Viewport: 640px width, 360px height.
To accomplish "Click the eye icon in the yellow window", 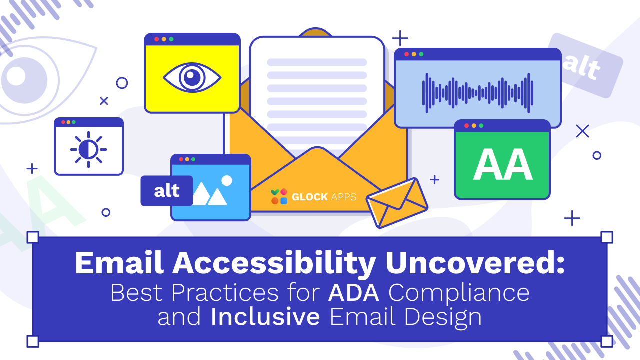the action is [192, 77].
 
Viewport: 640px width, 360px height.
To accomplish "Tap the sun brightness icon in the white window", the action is [89, 149].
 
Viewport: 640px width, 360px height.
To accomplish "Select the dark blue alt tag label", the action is [167, 191].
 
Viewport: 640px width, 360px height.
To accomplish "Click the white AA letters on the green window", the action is [503, 164].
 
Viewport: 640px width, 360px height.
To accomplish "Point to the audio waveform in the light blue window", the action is [477, 93].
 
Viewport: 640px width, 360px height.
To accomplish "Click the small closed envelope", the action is [397, 203].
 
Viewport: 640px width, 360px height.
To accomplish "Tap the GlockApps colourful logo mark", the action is [279, 196].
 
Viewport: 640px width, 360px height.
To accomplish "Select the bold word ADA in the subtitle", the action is [354, 292].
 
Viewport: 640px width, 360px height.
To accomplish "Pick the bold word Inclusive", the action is [265, 316].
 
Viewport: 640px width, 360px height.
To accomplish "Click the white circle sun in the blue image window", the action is [227, 181].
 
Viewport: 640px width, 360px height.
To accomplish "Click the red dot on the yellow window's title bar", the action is [157, 39].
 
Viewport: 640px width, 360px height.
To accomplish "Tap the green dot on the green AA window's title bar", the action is [481, 125].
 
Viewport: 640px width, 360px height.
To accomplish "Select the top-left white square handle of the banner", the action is [33, 237].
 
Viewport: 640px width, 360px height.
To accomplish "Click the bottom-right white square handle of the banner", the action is [607, 341].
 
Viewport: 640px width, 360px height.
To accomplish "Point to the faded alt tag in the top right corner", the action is [585, 65].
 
